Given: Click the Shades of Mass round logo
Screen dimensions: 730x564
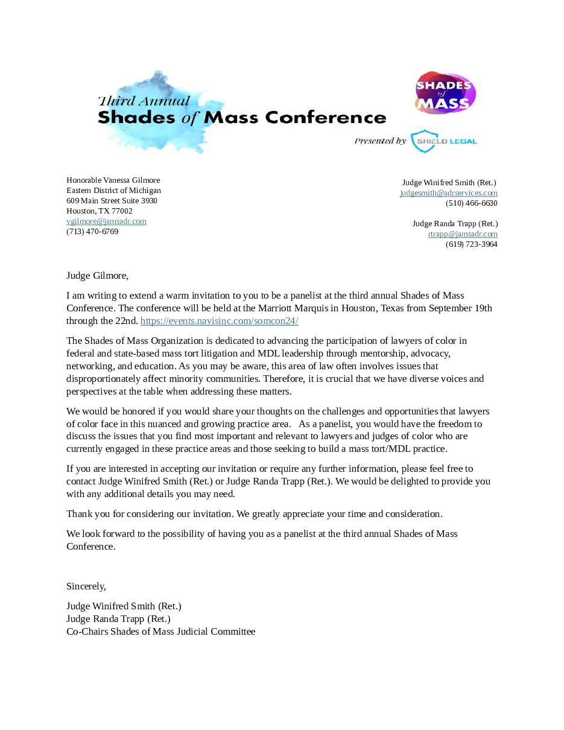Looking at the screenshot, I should pyautogui.click(x=446, y=93).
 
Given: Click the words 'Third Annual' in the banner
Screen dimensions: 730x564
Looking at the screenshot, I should pyautogui.click(x=144, y=101).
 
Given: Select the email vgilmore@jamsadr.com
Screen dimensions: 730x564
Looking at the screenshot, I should pyautogui.click(x=106, y=221).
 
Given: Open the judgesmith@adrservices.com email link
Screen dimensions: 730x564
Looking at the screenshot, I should pyautogui.click(x=448, y=193).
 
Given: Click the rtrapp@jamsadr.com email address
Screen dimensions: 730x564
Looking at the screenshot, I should pyautogui.click(x=463, y=234).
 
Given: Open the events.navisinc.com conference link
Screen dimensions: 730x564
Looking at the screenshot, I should pyautogui.click(x=219, y=321).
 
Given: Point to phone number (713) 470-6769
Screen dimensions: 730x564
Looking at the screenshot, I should pyautogui.click(x=92, y=232).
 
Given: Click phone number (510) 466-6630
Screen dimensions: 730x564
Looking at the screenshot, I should pyautogui.click(x=472, y=203).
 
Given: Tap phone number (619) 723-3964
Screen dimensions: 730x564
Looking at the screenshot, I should pyautogui.click(x=472, y=244).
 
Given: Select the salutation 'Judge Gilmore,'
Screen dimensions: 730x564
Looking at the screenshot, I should pyautogui.click(x=97, y=276).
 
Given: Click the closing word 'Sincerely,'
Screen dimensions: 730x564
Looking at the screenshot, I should pyautogui.click(x=86, y=586).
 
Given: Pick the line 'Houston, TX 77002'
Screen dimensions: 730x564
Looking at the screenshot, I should pyautogui.click(x=99, y=211).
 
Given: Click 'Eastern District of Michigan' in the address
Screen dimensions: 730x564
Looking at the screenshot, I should pyautogui.click(x=113, y=191).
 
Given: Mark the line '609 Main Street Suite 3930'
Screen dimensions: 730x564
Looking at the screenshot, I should pyautogui.click(x=112, y=201).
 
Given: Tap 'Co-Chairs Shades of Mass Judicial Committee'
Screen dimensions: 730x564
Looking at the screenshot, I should pyautogui.click(x=160, y=632).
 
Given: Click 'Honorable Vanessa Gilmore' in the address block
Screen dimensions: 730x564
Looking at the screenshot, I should pyautogui.click(x=113, y=180).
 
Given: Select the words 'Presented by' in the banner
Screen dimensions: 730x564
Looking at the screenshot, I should pyautogui.click(x=380, y=141).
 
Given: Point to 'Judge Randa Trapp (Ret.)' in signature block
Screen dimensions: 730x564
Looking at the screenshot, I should pyautogui.click(x=118, y=619).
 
